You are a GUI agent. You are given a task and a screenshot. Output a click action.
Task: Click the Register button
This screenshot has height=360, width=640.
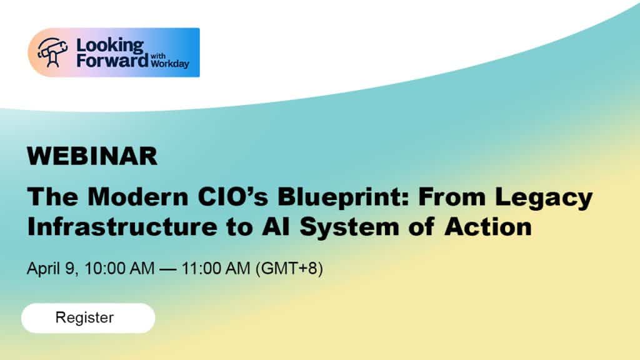(x=88, y=318)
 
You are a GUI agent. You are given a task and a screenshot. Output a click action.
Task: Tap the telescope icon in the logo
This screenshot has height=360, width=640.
(x=52, y=52)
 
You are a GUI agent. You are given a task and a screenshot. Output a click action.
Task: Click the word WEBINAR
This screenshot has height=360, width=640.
(x=92, y=156)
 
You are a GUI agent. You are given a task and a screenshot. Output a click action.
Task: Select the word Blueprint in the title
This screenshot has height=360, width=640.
(x=344, y=196)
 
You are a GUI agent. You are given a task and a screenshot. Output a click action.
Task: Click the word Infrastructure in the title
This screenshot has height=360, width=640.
(x=122, y=226)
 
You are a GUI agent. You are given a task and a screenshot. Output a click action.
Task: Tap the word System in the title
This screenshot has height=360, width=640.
(x=349, y=227)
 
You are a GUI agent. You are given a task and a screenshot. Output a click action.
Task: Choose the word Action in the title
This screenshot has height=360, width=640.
(x=488, y=226)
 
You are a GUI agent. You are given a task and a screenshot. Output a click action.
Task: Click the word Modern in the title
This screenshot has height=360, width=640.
(x=138, y=196)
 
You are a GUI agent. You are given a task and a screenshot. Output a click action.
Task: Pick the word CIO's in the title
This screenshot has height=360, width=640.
(x=233, y=196)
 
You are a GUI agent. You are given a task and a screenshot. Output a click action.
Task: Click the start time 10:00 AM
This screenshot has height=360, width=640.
(x=119, y=269)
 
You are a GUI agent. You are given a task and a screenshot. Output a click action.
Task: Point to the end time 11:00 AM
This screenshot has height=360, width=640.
(x=216, y=269)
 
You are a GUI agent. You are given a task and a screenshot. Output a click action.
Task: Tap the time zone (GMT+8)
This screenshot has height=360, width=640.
(x=289, y=269)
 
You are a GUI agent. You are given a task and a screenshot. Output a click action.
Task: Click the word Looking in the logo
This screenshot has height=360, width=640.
(x=110, y=46)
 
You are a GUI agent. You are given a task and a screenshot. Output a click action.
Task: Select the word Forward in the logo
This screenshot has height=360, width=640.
(x=112, y=61)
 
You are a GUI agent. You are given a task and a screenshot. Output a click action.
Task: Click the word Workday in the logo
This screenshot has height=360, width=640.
(x=170, y=64)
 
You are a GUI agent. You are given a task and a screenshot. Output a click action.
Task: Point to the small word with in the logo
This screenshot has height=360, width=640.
(x=158, y=56)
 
